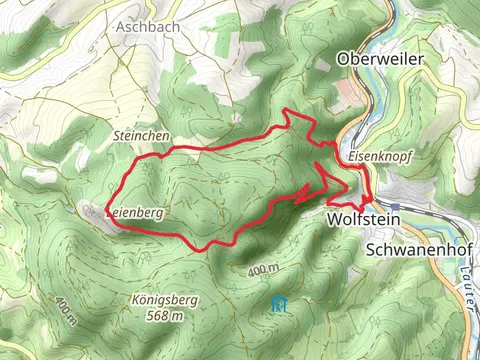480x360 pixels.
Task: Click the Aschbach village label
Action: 148,27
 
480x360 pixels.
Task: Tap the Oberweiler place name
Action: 382,60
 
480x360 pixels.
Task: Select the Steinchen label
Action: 142,135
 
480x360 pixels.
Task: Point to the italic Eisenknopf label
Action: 380,158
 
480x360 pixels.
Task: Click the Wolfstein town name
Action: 363,219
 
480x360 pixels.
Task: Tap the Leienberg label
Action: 136,213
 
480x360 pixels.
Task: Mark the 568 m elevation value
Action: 163,315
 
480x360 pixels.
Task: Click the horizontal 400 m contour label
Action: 262,270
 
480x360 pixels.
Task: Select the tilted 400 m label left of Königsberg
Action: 66,311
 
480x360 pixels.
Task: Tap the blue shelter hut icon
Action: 279,304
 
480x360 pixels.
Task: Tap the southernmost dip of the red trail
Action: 206,249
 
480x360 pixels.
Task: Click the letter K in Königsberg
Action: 134,299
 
